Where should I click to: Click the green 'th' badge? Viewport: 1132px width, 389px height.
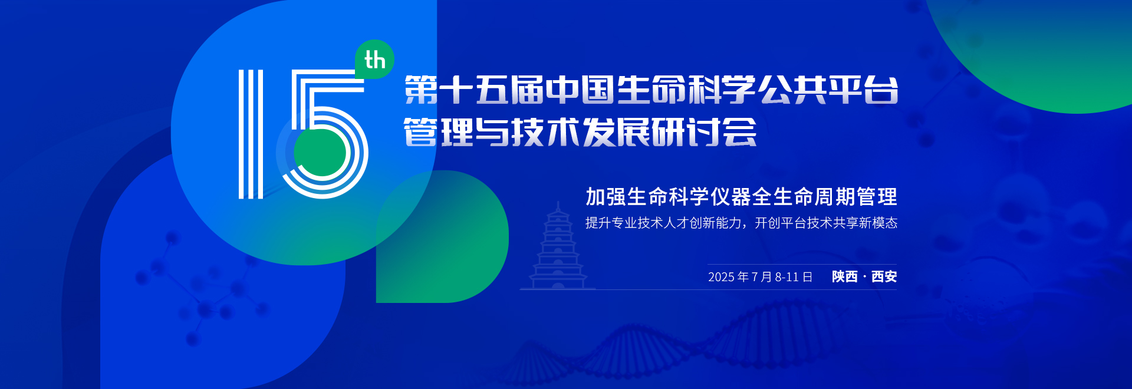pyautogui.click(x=374, y=60)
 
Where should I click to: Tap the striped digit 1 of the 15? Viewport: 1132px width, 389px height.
pyautogui.click(x=251, y=134)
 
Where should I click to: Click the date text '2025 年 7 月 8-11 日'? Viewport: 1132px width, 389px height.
pyautogui.click(x=760, y=276)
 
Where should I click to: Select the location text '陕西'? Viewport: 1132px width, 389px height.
pyautogui.click(x=844, y=276)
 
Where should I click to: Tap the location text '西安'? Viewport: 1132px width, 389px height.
pyautogui.click(x=884, y=276)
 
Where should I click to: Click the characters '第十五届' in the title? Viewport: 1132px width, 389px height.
pyautogui.click(x=474, y=90)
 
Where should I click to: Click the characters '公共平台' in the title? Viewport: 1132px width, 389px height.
pyautogui.click(x=828, y=90)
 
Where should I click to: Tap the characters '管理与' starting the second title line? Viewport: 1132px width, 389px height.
pyautogui.click(x=457, y=131)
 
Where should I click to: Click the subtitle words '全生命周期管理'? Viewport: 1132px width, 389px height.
pyautogui.click(x=824, y=197)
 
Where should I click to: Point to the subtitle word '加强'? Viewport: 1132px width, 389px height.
pyautogui.click(x=606, y=197)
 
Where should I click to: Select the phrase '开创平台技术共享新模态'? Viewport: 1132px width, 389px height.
pyautogui.click(x=826, y=223)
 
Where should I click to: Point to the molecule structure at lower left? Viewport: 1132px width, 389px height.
pyautogui.click(x=200, y=289)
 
